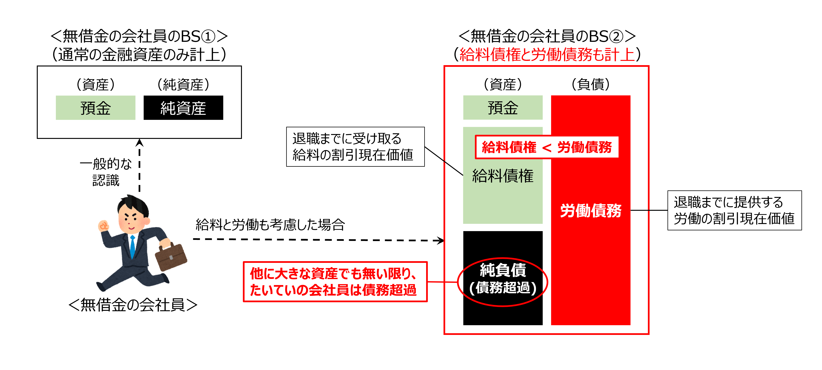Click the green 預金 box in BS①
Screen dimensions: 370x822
point(95,108)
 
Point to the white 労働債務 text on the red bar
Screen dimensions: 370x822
point(591,211)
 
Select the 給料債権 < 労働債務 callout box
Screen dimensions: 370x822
point(547,147)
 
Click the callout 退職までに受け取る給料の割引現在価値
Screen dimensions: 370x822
point(355,147)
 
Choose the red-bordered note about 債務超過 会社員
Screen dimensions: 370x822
point(335,282)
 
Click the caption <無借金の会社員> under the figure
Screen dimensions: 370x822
point(133,305)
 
